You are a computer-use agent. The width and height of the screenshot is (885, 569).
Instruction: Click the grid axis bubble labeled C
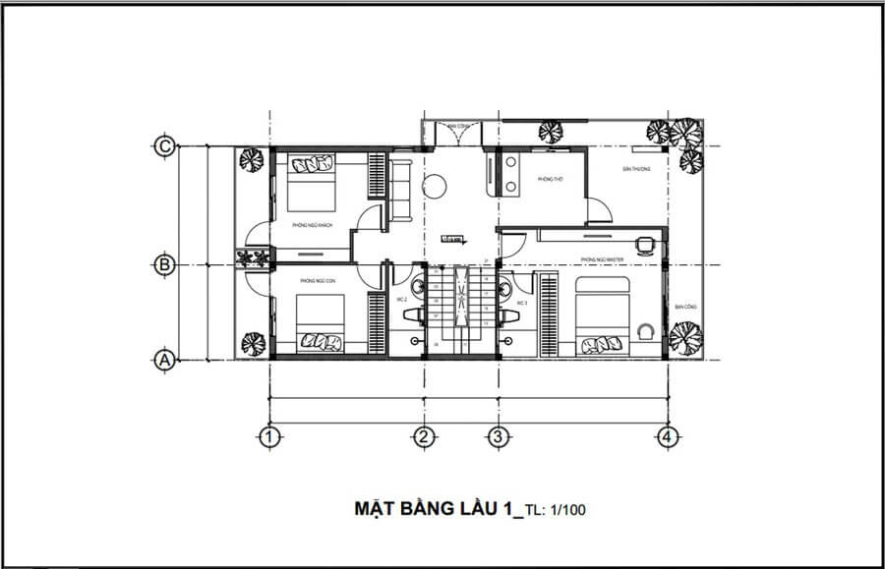[165, 146]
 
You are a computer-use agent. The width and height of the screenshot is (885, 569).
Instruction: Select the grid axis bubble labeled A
[165, 361]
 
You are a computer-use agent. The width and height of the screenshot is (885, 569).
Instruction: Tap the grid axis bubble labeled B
[165, 264]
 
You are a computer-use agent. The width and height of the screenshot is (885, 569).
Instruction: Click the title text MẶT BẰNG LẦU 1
[433, 509]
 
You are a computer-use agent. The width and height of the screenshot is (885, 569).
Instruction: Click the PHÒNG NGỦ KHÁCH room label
[312, 226]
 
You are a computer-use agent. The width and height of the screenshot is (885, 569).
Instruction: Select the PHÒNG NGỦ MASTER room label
[603, 259]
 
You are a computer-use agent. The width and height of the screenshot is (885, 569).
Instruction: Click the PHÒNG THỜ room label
[549, 180]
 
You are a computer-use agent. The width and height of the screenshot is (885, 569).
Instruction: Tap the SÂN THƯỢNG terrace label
[636, 169]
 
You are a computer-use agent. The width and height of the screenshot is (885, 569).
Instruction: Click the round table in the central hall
[436, 187]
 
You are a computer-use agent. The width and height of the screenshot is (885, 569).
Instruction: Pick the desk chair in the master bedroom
[645, 243]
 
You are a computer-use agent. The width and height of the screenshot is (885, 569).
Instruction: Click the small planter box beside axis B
[253, 257]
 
